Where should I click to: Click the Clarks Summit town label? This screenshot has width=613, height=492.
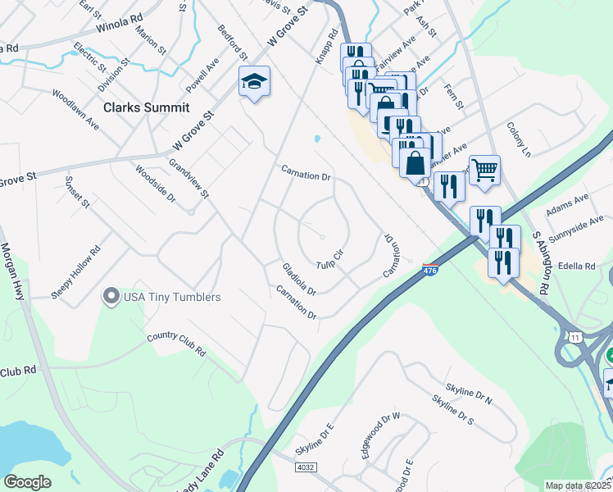(x=147, y=107)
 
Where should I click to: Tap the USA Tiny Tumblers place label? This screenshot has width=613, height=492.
(x=172, y=297)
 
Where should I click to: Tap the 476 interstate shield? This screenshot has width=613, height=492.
(x=430, y=269)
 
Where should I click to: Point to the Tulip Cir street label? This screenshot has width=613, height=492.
(x=329, y=258)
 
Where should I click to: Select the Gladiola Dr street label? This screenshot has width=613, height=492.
(x=298, y=280)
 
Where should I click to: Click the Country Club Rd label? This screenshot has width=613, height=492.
(x=176, y=344)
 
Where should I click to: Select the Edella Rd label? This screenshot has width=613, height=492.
(x=578, y=266)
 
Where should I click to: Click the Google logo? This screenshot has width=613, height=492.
(x=27, y=481)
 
